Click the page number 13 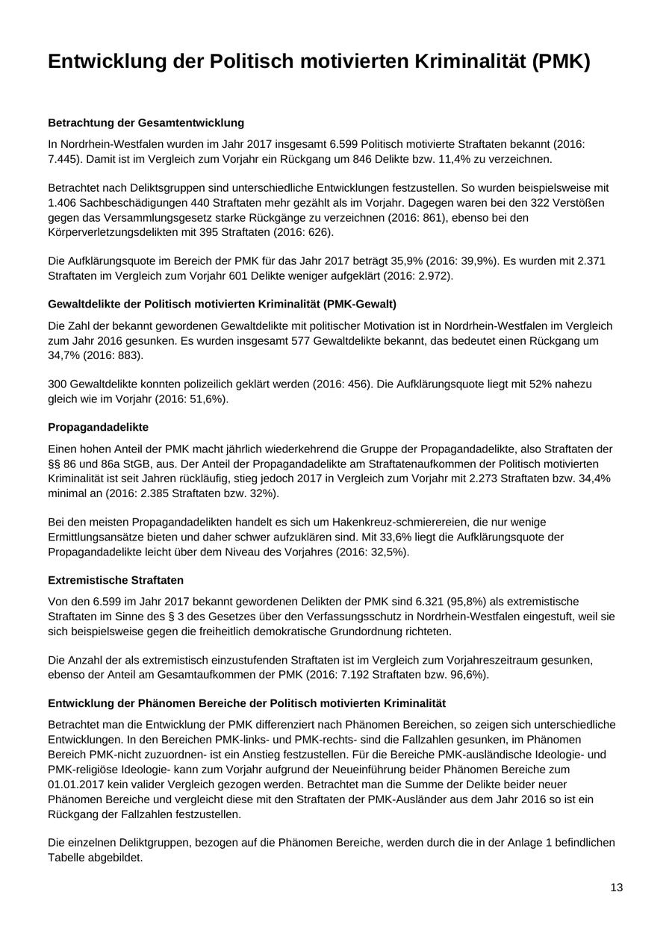[x=616, y=888]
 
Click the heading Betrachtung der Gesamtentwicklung [x=146, y=122]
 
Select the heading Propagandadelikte [x=98, y=427]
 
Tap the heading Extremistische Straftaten [x=116, y=580]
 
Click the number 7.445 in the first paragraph [x=63, y=159]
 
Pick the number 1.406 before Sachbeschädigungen [x=63, y=202]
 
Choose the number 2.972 [x=433, y=275]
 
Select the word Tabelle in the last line [x=67, y=858]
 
